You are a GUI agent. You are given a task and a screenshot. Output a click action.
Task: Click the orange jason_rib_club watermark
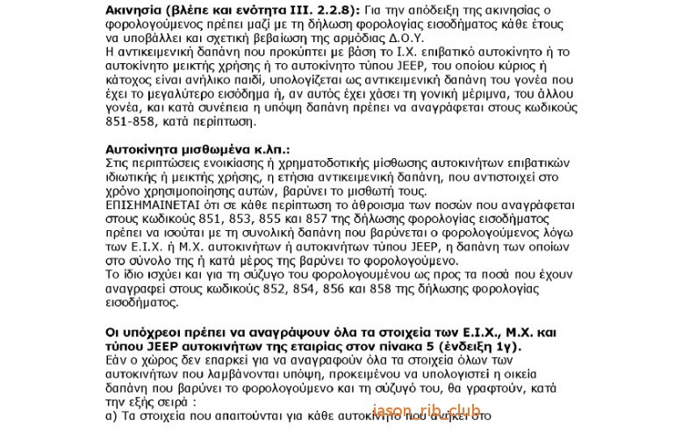click(427, 410)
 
